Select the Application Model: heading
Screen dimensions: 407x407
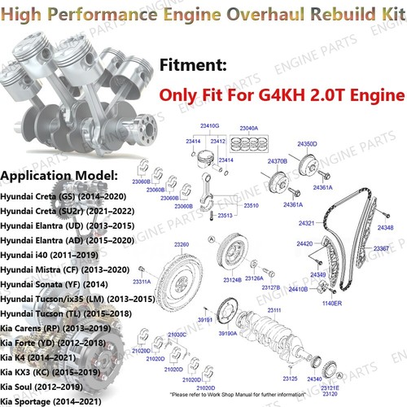(59, 174)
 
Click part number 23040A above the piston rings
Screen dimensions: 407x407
(247, 129)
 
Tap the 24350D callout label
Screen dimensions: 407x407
(307, 143)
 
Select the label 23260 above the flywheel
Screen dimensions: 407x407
(182, 245)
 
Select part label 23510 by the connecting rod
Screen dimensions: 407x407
(251, 206)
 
